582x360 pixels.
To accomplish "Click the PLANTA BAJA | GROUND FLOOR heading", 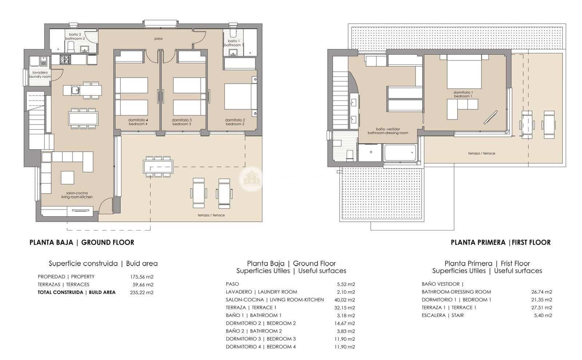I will (x=81, y=242).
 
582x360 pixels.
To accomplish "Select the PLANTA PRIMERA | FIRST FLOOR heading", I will (x=501, y=242).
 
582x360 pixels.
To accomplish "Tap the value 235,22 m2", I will (x=141, y=292).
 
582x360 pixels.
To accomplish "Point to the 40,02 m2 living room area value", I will (x=346, y=300).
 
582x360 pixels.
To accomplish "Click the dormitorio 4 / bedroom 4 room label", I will (x=138, y=122).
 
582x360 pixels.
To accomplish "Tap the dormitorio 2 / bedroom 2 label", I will (x=235, y=122).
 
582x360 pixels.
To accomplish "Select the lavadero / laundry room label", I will (x=40, y=75).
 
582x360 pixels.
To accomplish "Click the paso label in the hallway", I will (x=158, y=39).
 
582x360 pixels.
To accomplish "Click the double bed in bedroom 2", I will (x=239, y=97).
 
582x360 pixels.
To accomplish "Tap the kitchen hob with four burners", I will (x=65, y=59).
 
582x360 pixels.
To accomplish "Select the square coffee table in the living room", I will (x=67, y=178).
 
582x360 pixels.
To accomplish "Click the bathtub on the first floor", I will (x=400, y=153).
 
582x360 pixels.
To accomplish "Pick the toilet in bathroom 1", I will (x=233, y=33).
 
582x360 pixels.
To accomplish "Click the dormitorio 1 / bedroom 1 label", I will (x=463, y=94).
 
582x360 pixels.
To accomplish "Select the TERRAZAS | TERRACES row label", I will (x=63, y=285).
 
